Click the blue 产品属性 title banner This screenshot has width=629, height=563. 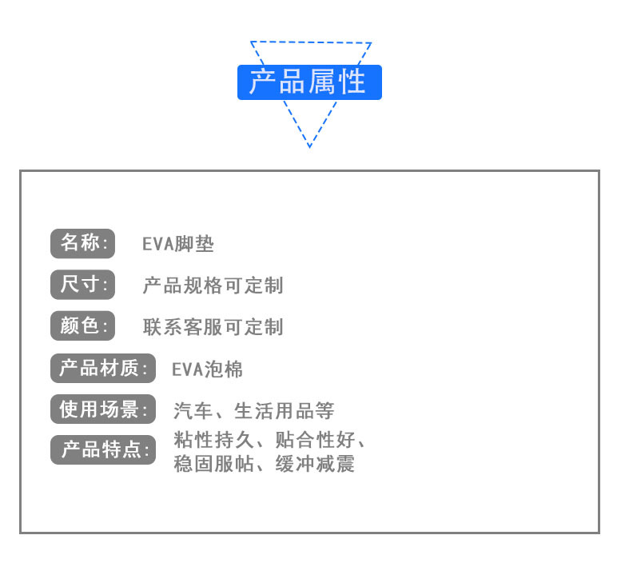point(309,82)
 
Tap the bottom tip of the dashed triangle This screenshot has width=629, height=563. point(309,146)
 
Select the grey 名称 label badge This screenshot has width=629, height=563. point(83,244)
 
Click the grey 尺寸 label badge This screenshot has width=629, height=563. point(83,285)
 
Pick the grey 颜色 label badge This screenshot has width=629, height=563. point(83,326)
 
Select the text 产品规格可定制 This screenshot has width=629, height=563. point(213,285)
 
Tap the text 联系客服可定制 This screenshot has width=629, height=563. point(213,327)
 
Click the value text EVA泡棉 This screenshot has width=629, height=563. point(208,369)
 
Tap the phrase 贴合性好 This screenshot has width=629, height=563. point(314,440)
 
